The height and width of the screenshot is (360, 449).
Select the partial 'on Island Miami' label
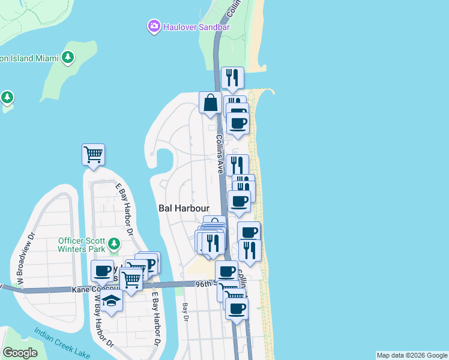(29, 58)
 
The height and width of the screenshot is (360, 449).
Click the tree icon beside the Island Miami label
(68, 58)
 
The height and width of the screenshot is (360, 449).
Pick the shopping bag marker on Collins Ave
(211, 103)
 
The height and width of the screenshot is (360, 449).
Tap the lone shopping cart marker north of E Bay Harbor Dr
(93, 155)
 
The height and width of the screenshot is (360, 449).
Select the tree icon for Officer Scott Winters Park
(113, 245)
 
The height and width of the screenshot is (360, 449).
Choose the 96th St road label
(205, 283)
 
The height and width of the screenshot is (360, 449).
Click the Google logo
(20, 353)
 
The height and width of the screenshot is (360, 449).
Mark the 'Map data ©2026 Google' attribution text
(412, 355)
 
